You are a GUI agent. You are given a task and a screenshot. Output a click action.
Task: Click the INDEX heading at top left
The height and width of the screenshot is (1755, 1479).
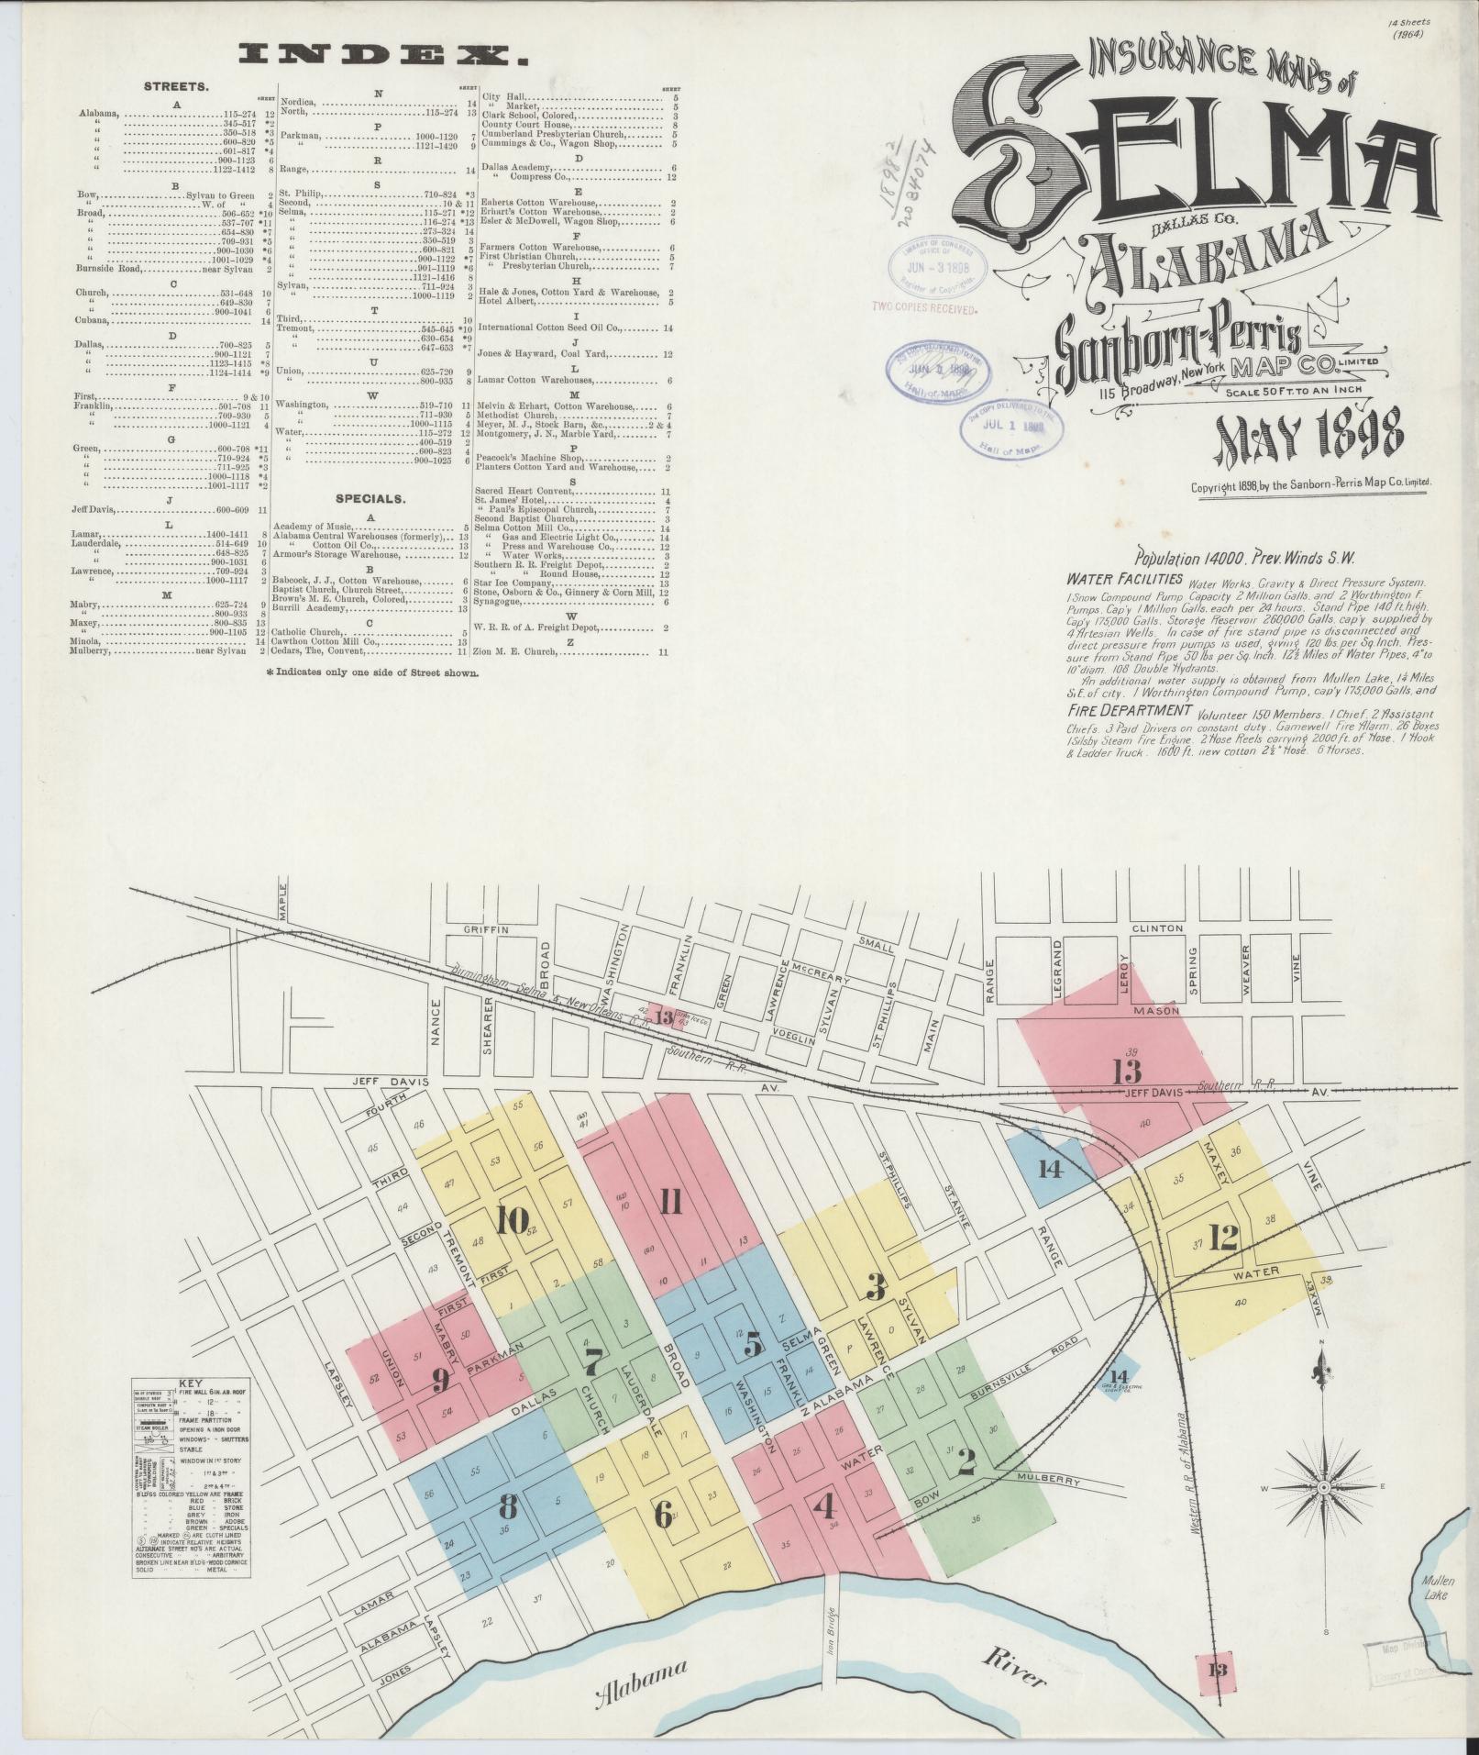coord(384,56)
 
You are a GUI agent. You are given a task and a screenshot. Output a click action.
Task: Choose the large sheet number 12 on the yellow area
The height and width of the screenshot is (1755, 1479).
coord(1224,1239)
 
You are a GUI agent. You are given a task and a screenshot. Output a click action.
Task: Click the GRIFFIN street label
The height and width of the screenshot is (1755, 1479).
coord(485,928)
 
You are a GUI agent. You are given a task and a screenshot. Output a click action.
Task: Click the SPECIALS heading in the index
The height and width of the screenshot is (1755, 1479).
coord(370,499)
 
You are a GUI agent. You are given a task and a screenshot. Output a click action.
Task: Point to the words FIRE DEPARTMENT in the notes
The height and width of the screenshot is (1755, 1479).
coord(1129,711)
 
